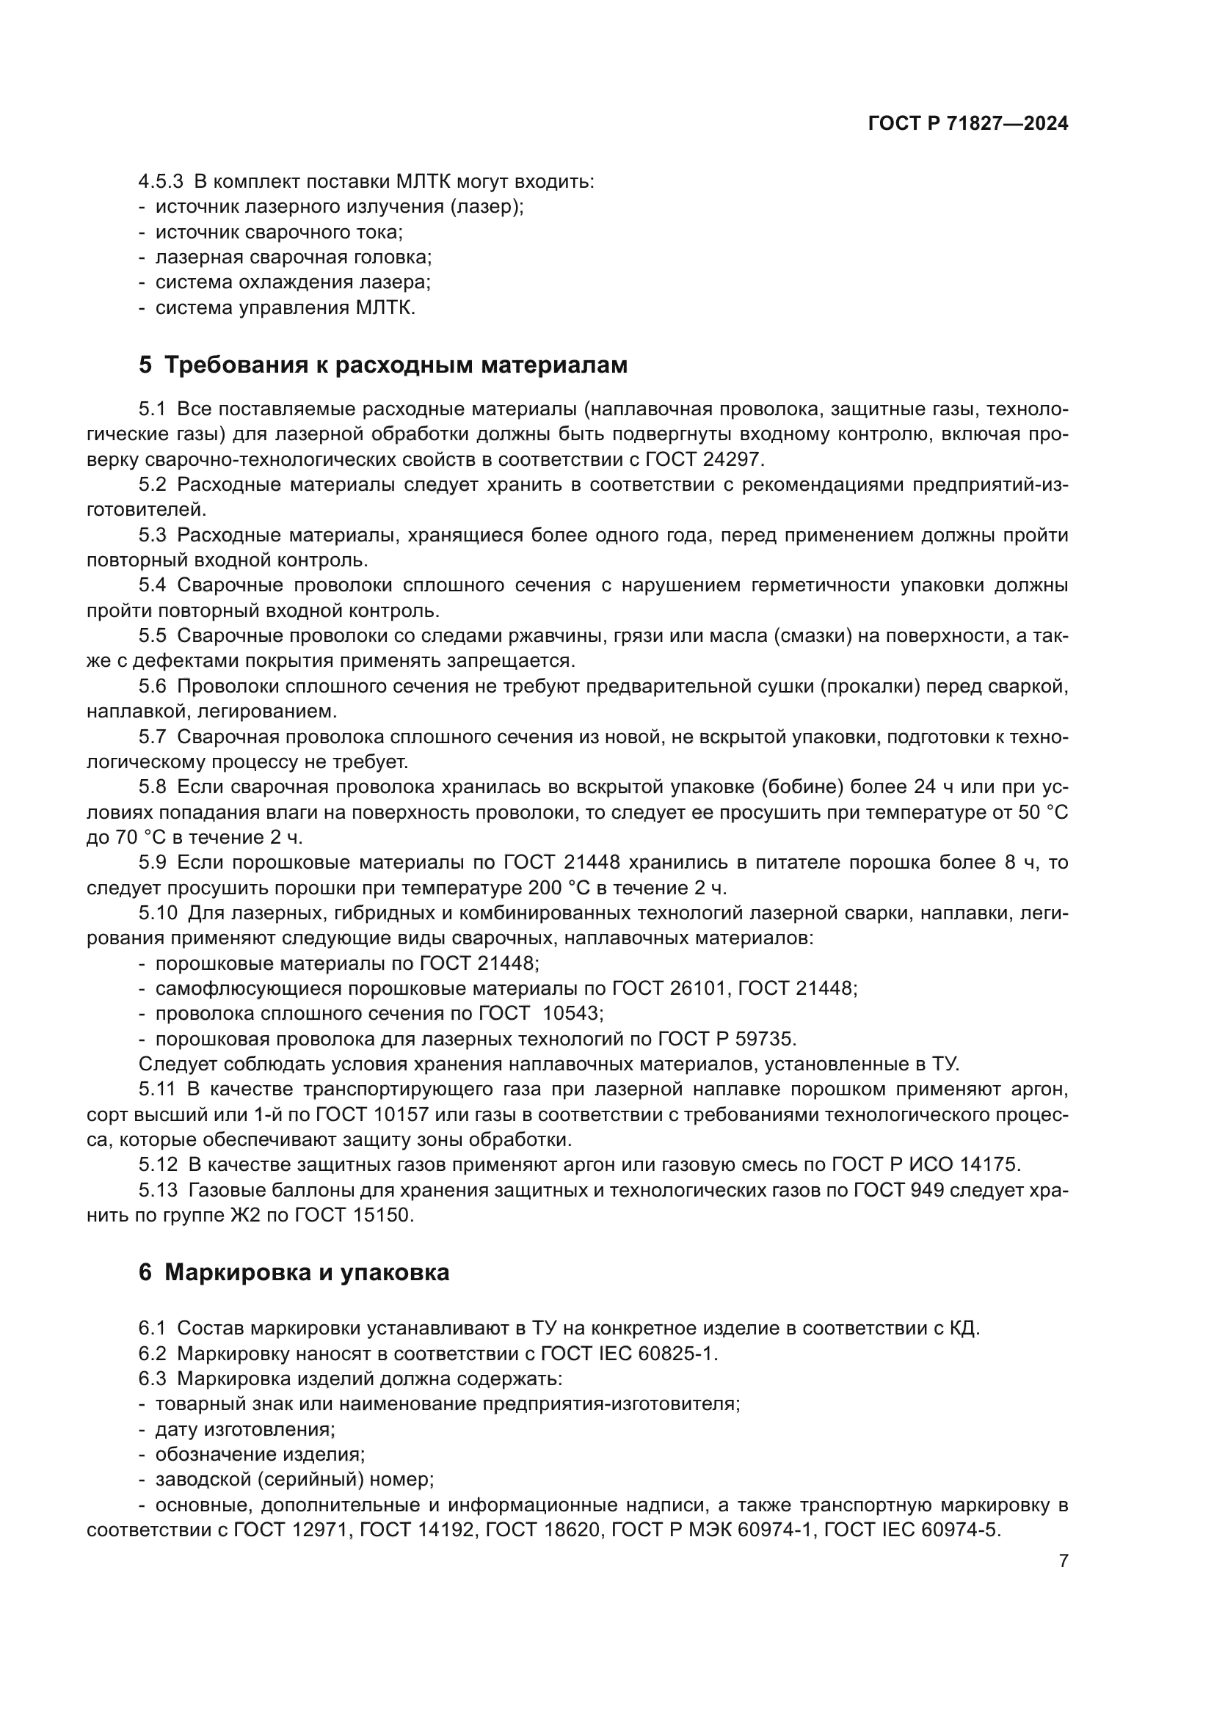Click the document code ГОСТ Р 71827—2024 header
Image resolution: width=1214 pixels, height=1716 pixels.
(x=967, y=124)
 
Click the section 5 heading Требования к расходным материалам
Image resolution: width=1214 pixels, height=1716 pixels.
(x=382, y=365)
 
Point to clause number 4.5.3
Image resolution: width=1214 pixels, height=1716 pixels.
(x=160, y=182)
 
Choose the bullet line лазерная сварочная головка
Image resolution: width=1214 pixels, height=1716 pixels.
(x=293, y=257)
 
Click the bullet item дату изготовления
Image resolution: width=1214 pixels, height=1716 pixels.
(x=244, y=1430)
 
